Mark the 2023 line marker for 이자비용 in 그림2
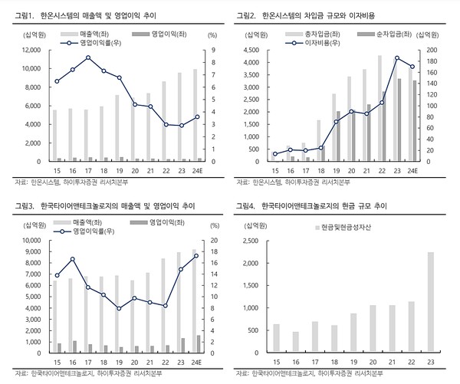(397, 57)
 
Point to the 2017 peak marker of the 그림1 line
(89, 57)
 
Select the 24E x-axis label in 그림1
(195, 171)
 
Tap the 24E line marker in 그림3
(196, 255)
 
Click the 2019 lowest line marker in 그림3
(118, 308)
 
